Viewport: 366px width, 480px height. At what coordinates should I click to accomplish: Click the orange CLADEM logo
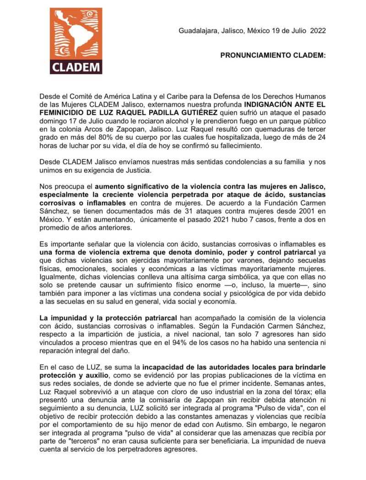click(x=75, y=40)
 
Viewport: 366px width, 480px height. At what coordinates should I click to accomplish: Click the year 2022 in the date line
click(x=318, y=32)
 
